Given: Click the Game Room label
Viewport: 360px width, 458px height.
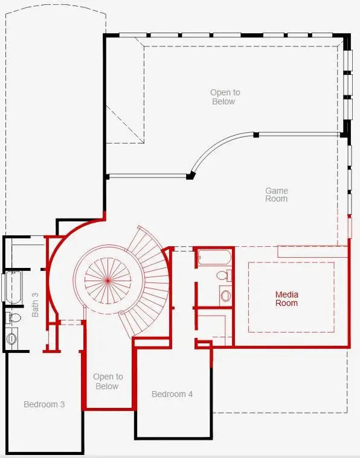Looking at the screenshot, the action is pos(277,195).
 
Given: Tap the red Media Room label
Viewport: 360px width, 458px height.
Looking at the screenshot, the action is pos(286,299).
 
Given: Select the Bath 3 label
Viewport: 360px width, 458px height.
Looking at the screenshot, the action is pos(35,305).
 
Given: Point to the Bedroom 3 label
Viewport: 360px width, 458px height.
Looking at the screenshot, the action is pos(44,404).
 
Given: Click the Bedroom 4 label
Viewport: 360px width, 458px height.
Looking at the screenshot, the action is pos(172,394).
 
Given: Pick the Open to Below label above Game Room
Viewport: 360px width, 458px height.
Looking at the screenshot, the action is pos(225,97).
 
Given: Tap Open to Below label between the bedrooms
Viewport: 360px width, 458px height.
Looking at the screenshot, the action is pos(108,381).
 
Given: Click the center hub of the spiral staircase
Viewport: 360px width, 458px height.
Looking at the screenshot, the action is pos(108,281).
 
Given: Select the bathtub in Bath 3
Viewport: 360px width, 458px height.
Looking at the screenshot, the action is pos(13,287).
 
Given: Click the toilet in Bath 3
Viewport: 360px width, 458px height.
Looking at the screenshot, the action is pos(14,318).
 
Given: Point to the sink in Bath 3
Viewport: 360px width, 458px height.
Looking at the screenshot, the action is pos(11,339).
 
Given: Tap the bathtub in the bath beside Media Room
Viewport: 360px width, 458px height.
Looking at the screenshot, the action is pos(214,257).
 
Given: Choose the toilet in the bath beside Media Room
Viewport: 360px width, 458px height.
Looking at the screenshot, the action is pos(224,275).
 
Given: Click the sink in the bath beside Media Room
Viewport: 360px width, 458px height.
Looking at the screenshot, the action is pos(225,296).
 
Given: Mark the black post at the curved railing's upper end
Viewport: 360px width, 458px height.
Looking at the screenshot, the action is pos(256,135).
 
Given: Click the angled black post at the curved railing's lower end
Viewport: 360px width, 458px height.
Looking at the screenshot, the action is pos(190,176).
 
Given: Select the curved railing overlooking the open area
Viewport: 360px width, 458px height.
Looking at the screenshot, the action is pos(217,147).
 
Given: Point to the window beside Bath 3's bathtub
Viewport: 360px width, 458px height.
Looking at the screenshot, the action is pos(3,287).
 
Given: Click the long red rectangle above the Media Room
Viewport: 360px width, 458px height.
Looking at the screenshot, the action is pos(312,252).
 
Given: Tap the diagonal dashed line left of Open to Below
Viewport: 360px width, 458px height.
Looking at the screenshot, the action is pos(125,124).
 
